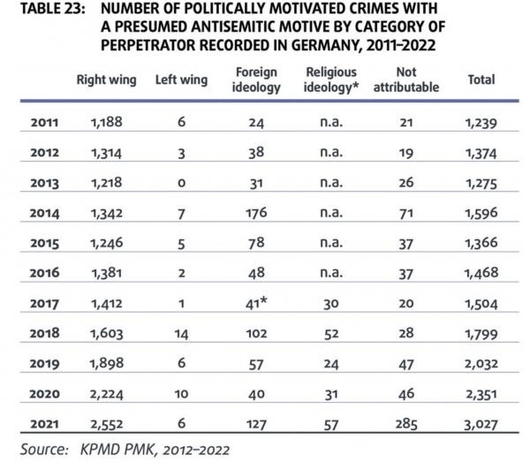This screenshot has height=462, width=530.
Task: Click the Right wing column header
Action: click(107, 80)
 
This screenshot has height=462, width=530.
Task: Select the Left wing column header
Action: click(181, 80)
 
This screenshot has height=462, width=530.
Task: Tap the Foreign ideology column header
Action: click(256, 80)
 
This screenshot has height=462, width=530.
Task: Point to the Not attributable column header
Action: click(406, 80)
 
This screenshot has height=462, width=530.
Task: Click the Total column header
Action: click(481, 80)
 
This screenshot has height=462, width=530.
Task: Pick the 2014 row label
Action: click(45, 213)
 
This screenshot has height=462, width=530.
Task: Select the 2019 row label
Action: click(45, 364)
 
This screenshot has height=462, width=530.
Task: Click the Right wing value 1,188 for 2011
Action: click(107, 122)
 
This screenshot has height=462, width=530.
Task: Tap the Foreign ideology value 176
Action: click(256, 213)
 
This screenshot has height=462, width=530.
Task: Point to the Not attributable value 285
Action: click(406, 424)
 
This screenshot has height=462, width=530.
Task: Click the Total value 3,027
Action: click(481, 425)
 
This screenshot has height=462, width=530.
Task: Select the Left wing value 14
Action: click(181, 334)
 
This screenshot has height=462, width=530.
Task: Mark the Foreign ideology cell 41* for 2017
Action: click(256, 303)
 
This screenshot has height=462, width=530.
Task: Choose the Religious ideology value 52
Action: click(331, 334)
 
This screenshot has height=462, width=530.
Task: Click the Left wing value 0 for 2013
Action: click(181, 183)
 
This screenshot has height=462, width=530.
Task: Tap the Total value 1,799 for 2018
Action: click(481, 334)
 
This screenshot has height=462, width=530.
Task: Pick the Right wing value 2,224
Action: click(107, 394)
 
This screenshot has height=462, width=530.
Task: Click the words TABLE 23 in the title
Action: click(53, 9)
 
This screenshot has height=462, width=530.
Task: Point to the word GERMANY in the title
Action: click(324, 45)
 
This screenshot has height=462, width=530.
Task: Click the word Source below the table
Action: click(44, 450)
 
